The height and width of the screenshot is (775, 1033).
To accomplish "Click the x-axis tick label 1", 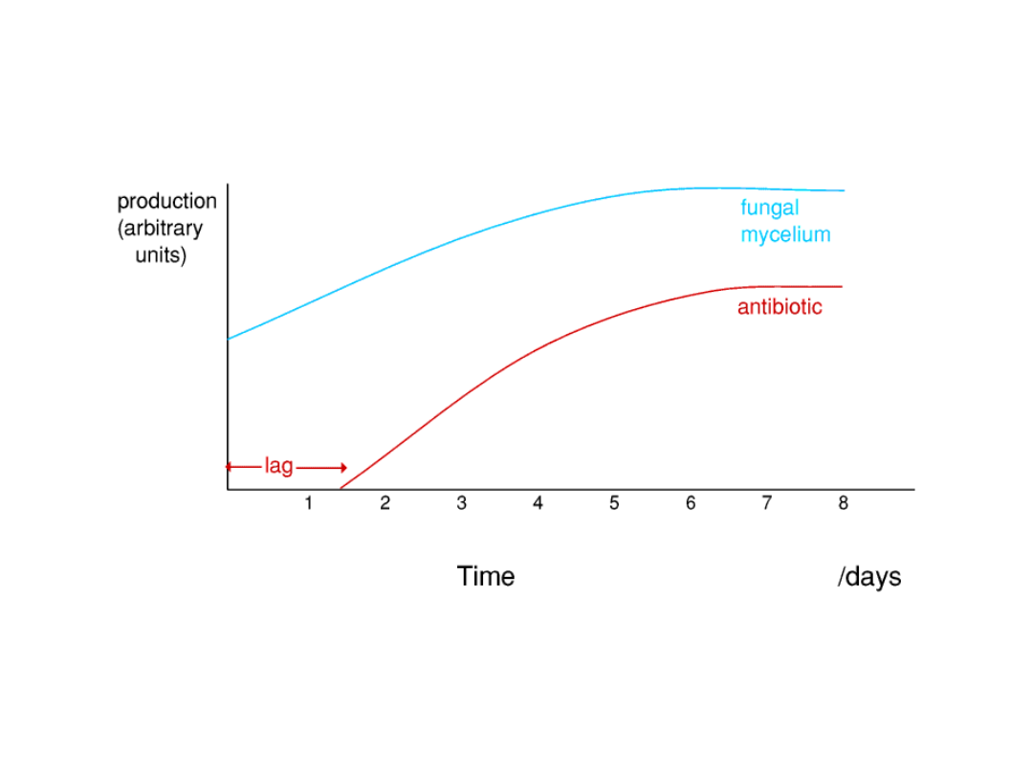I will click(308, 504).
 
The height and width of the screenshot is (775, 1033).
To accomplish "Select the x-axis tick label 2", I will click(385, 504).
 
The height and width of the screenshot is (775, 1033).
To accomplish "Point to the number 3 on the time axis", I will click(461, 504).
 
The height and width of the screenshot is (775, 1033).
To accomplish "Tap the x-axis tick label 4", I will click(538, 504).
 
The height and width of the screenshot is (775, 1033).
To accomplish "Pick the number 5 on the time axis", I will click(614, 504).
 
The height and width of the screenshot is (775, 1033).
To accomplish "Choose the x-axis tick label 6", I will click(691, 504).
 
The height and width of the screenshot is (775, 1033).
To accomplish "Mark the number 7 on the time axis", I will click(767, 504).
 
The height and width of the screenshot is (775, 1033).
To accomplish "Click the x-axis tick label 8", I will click(844, 504).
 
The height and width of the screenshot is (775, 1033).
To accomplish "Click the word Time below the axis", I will click(485, 577).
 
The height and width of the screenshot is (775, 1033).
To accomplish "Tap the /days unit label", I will click(868, 578).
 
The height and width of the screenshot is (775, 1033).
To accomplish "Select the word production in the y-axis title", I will click(166, 202).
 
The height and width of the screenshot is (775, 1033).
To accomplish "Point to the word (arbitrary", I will click(160, 229).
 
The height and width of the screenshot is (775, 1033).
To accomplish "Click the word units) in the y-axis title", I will click(161, 255).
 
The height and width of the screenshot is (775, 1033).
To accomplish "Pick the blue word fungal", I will click(769, 209).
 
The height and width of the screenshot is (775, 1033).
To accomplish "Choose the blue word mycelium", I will click(785, 235).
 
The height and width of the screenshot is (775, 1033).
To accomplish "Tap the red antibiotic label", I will click(779, 308).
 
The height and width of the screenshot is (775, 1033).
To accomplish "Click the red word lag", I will click(278, 467).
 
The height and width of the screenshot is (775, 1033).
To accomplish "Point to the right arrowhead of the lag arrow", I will click(342, 468).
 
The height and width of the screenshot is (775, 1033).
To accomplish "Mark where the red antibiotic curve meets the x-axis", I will click(341, 489).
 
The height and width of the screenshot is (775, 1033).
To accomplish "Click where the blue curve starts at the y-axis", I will click(229, 339).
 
